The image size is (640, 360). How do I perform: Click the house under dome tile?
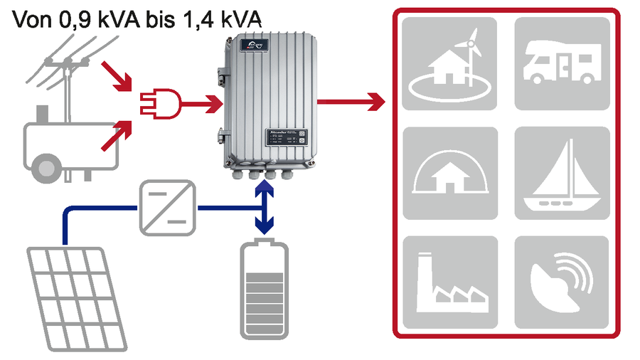click(449, 173)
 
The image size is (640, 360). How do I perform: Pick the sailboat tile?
click(562, 173)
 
